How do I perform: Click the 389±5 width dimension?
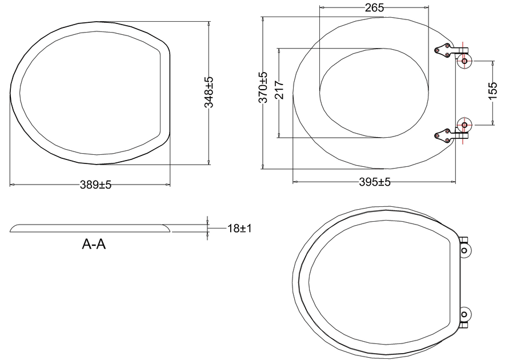[x=95, y=185]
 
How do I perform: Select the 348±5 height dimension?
[x=209, y=92]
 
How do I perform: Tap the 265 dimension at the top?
[x=374, y=7]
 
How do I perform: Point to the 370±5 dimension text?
[x=263, y=87]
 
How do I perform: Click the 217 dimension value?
[x=279, y=90]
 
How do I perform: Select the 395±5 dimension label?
[x=375, y=182]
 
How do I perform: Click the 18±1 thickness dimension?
[x=239, y=228]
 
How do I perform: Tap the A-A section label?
[x=94, y=244]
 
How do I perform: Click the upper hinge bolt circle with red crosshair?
[x=464, y=61]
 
